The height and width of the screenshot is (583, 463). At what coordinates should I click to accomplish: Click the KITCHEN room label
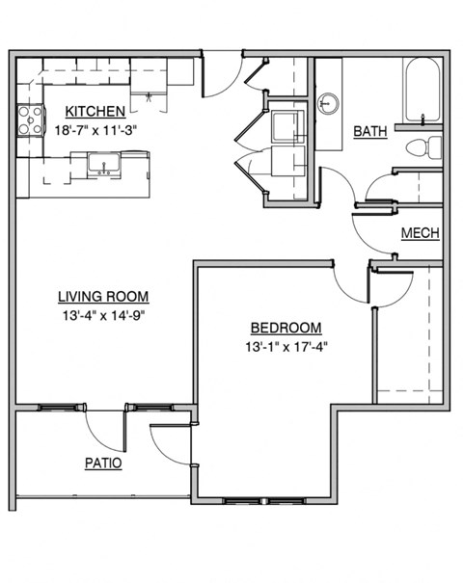pos(95,111)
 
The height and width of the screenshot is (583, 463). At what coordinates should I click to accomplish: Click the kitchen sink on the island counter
pos(103,163)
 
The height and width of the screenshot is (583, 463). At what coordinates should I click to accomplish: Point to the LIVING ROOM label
pos(103,297)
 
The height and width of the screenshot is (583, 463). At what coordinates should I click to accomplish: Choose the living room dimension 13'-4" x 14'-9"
pos(103,314)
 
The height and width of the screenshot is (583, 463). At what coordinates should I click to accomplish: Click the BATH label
pos(370,131)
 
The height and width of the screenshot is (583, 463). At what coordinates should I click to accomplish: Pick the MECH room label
pos(421,233)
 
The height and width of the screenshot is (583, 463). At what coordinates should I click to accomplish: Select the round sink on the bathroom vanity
pos(329,102)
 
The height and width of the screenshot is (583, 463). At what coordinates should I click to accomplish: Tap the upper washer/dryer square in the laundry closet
pos(287,127)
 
